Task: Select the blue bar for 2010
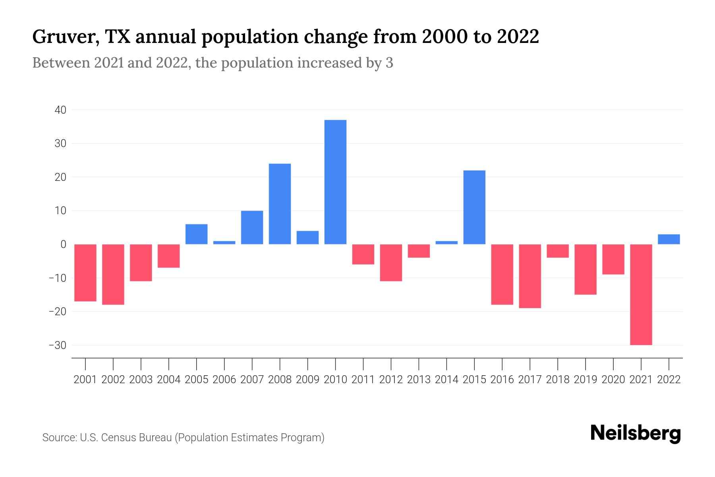tap(335, 182)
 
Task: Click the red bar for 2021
tap(641, 295)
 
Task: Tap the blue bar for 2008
tap(280, 204)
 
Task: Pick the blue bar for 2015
tap(474, 207)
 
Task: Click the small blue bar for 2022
tap(669, 239)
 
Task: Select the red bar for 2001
tap(85, 273)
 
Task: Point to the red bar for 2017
tap(529, 276)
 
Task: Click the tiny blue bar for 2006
tap(224, 242)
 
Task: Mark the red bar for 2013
tap(419, 251)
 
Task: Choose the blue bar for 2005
tap(196, 234)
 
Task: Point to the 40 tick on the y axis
tap(60, 110)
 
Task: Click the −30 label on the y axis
tap(58, 345)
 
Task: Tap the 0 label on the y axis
tap(63, 244)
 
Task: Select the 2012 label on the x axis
tap(391, 380)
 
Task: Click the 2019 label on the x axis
tap(585, 380)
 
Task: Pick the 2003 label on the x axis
tap(141, 380)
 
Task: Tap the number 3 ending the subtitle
tap(389, 63)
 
